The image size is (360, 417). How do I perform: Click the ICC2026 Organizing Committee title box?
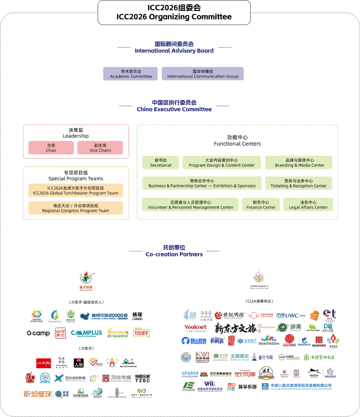174,12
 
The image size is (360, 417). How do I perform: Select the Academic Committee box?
131,74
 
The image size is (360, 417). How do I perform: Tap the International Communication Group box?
203,74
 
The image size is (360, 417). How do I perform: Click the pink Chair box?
51,148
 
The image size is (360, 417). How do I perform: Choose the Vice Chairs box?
100,148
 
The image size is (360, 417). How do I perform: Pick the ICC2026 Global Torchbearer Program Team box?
76,190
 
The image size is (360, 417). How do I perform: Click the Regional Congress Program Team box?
76,208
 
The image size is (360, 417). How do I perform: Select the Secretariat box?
161,162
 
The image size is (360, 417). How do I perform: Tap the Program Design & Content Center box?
221,162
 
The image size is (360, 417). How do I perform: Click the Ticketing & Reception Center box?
299,183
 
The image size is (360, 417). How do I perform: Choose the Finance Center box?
261,205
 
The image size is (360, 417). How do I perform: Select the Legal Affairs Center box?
308,205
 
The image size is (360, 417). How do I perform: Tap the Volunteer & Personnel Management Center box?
191,205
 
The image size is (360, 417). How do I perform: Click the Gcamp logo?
38,333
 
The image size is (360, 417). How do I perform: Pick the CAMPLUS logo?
86,333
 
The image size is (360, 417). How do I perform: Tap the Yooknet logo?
196,327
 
